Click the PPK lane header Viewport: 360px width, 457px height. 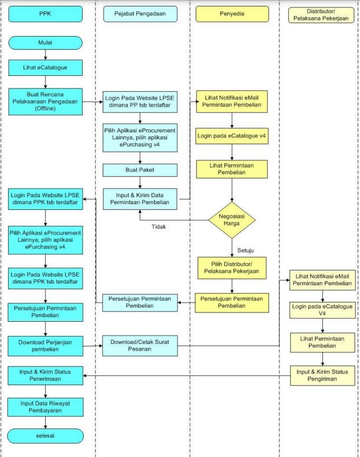tap(45, 13)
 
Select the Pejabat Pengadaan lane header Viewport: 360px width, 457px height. tap(140, 13)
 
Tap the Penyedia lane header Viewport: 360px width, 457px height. tap(232, 13)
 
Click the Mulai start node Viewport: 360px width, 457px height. tap(45, 42)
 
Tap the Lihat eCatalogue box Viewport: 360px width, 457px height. tap(45, 67)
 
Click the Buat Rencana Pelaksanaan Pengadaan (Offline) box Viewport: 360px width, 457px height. tap(45, 102)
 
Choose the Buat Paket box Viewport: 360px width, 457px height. tap(140, 170)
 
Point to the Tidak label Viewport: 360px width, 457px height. tap(159, 227)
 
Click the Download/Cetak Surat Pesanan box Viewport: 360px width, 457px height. tap(140, 346)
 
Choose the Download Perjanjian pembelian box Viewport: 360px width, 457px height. tap(45, 345)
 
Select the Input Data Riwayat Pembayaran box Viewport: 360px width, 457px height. tap(45, 407)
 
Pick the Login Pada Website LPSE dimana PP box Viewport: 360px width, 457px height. tap(140, 102)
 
